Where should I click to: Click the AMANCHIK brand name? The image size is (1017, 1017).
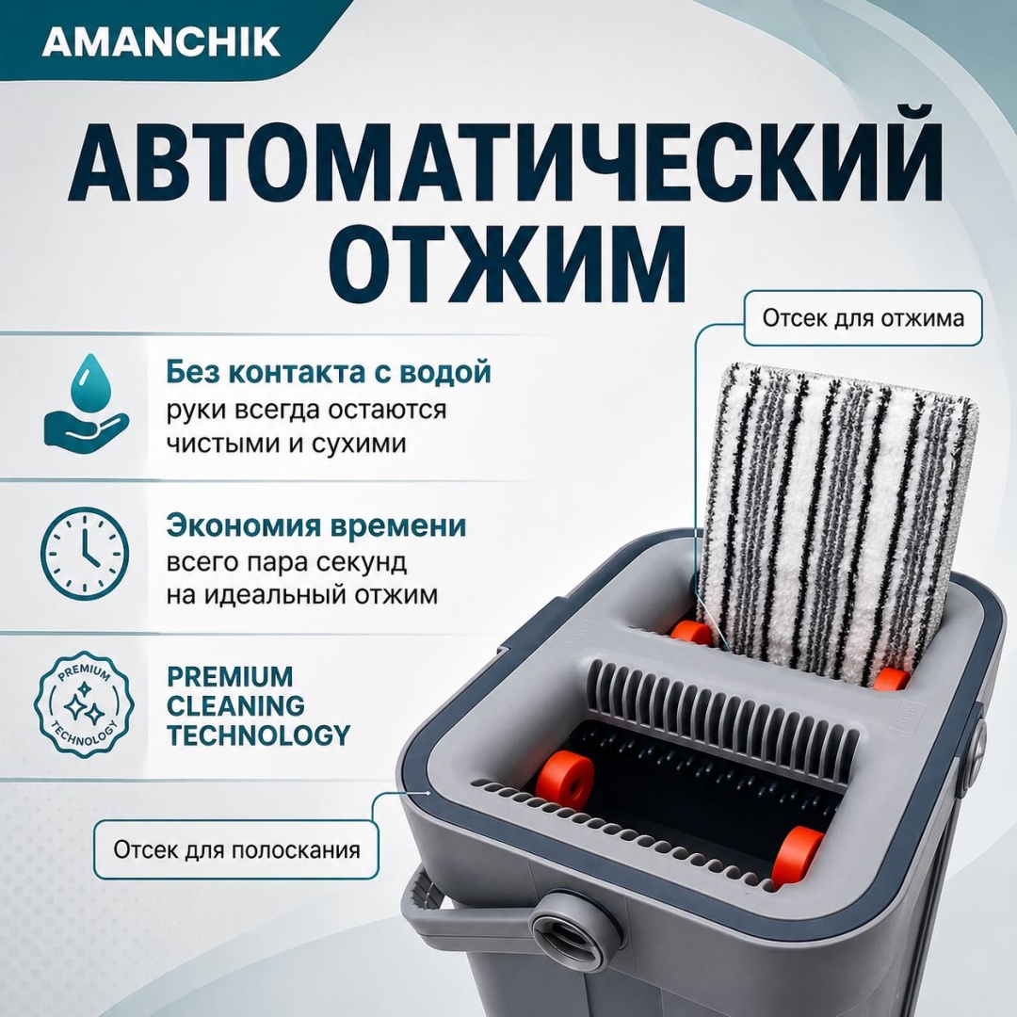[162, 41]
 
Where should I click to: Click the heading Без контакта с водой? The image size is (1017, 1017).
[329, 372]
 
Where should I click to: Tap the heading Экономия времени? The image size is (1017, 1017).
[316, 525]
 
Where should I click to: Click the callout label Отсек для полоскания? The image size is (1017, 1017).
[236, 849]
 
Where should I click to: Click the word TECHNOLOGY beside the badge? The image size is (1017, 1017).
[258, 735]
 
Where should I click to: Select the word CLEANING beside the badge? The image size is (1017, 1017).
[235, 705]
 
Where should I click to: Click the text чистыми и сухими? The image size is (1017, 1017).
[286, 444]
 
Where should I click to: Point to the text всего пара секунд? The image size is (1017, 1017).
[286, 561]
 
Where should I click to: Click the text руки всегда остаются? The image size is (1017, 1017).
[306, 411]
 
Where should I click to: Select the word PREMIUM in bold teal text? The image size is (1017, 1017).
[231, 676]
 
